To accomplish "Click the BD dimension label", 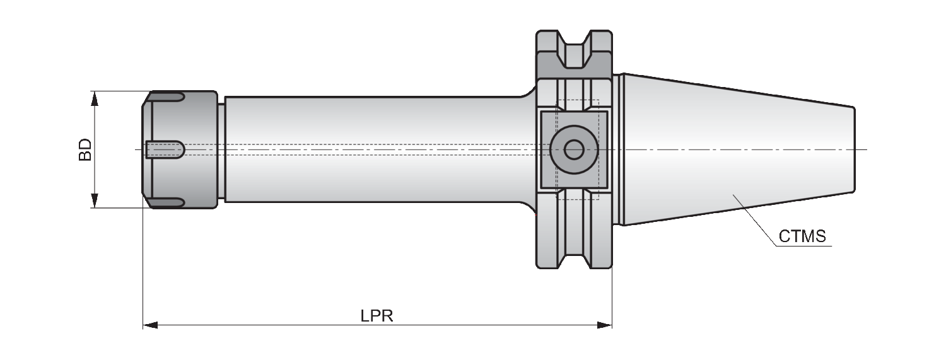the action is click(x=85, y=149).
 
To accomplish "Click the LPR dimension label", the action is click(x=377, y=316).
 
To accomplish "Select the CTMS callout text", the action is click(x=802, y=236).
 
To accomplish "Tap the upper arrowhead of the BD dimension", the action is click(x=95, y=99).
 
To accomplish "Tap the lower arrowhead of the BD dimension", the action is click(x=95, y=200).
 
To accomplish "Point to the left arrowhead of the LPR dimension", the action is click(x=150, y=325).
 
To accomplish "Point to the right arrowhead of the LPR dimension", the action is click(x=604, y=325).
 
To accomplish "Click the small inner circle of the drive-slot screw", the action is click(x=574, y=149).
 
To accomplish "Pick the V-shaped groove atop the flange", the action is click(x=574, y=49).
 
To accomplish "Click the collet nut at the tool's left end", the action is click(x=180, y=149).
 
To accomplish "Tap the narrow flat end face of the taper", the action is click(x=853, y=149).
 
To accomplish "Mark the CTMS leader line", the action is click(x=756, y=220).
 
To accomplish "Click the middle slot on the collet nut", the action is click(x=165, y=149).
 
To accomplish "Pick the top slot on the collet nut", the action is click(x=167, y=97).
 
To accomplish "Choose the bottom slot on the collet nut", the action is click(x=167, y=202).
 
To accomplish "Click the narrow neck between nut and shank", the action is click(x=221, y=149).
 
